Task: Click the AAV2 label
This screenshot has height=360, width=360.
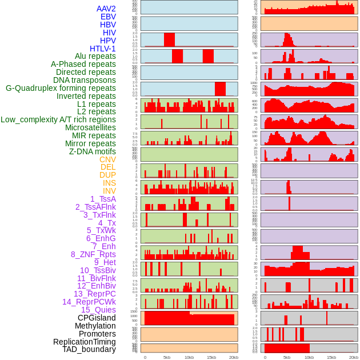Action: [106, 9]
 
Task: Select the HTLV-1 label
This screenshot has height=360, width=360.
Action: [102, 49]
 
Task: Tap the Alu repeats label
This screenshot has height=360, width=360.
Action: [95, 57]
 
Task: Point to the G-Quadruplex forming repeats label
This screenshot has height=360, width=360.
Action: [61, 88]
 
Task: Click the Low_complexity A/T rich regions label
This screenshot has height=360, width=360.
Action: [58, 119]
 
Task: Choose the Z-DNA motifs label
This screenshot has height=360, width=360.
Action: [92, 151]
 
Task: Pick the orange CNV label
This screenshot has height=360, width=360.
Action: [107, 159]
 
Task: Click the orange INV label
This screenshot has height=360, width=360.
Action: [109, 191]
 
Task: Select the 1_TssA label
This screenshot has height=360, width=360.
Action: [103, 199]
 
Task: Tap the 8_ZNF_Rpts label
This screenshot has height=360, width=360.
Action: [93, 254]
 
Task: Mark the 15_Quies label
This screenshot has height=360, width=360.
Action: [98, 310]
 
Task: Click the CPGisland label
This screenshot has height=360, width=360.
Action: [97, 318]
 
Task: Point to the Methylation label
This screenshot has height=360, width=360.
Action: [95, 326]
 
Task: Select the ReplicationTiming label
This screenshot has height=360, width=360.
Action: [84, 342]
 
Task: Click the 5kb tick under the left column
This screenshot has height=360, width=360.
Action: [167, 357]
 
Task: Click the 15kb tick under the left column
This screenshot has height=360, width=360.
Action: [211, 357]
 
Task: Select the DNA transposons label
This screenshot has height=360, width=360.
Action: [85, 80]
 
